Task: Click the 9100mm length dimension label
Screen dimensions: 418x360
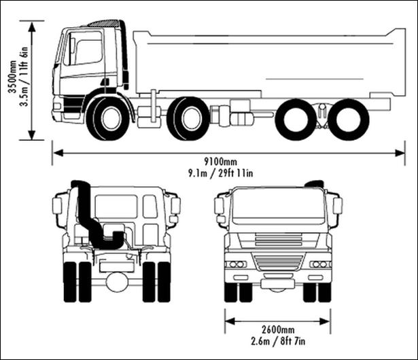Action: point(220,162)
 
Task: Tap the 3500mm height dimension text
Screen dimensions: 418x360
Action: point(12,77)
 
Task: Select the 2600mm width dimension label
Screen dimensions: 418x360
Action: point(278,329)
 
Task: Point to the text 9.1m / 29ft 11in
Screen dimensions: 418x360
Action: point(221,173)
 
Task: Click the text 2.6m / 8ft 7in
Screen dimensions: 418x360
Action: point(278,341)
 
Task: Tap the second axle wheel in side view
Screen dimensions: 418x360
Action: point(188,118)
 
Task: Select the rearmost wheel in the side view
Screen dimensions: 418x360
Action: point(348,120)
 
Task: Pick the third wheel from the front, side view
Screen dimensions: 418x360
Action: point(296,120)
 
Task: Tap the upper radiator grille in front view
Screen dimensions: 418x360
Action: point(278,240)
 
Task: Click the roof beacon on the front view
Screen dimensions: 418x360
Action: point(314,183)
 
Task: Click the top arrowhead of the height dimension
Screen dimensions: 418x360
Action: point(32,26)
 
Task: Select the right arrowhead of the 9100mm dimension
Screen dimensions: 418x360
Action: point(400,153)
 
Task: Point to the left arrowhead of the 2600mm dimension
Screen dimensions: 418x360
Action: point(230,321)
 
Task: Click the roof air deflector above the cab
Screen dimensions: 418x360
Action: point(103,23)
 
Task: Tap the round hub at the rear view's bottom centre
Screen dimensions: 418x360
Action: point(117,281)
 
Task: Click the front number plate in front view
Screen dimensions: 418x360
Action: point(277,284)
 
